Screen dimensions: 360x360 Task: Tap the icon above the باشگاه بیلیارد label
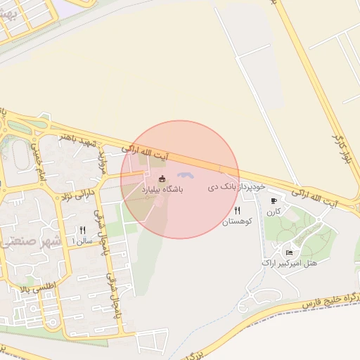click(162, 179)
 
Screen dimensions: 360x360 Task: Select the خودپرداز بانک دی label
click(236, 187)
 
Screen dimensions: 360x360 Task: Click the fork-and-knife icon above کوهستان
click(237, 210)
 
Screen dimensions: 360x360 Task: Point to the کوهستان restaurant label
click(236, 221)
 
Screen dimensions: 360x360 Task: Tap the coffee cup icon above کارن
click(274, 200)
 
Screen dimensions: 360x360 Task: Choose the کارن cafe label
click(274, 212)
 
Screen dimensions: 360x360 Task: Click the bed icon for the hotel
click(289, 252)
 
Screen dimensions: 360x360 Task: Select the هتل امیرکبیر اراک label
click(289, 263)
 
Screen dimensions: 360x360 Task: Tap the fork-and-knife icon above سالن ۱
click(83, 229)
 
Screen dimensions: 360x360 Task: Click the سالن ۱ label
click(83, 240)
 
